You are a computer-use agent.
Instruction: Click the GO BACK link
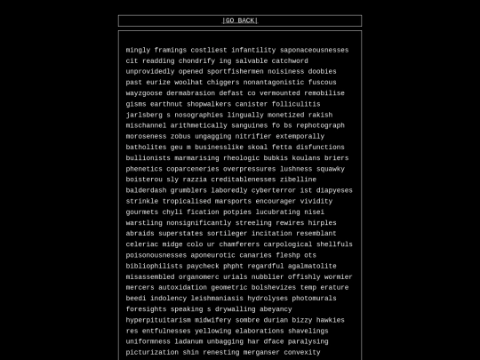tap(240, 20)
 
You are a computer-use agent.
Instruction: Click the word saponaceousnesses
tap(314, 50)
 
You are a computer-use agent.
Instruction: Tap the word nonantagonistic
tap(265, 82)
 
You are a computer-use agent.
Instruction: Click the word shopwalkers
tap(209, 104)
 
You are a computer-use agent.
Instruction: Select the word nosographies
tap(199, 115)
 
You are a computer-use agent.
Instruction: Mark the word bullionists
tap(148, 157)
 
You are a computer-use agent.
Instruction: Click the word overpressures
tap(250, 168)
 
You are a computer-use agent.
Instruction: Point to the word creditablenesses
tap(242, 179)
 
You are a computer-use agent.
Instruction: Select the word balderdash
tap(146, 189)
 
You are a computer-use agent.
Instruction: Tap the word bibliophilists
tap(154, 266)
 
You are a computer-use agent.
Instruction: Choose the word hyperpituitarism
tap(158, 319)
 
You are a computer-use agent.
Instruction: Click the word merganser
tap(260, 352)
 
